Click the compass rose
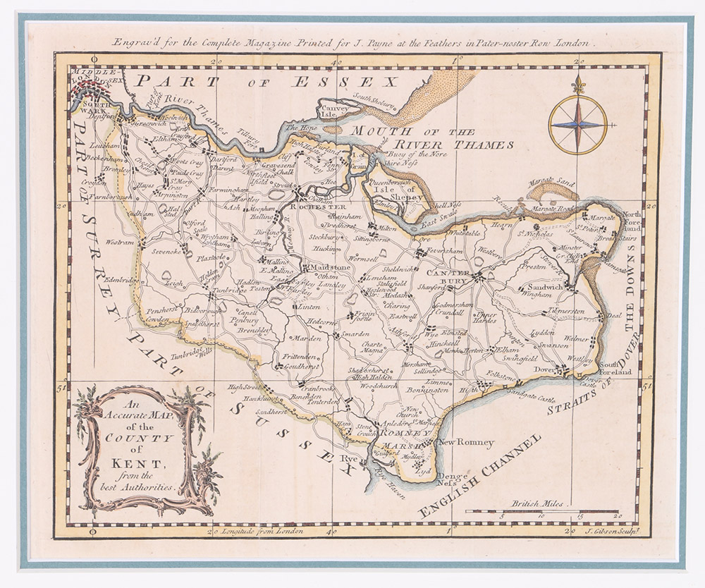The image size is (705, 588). pos(577,125)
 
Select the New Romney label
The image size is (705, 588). pos(466,443)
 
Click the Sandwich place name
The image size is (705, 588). pos(546,288)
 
